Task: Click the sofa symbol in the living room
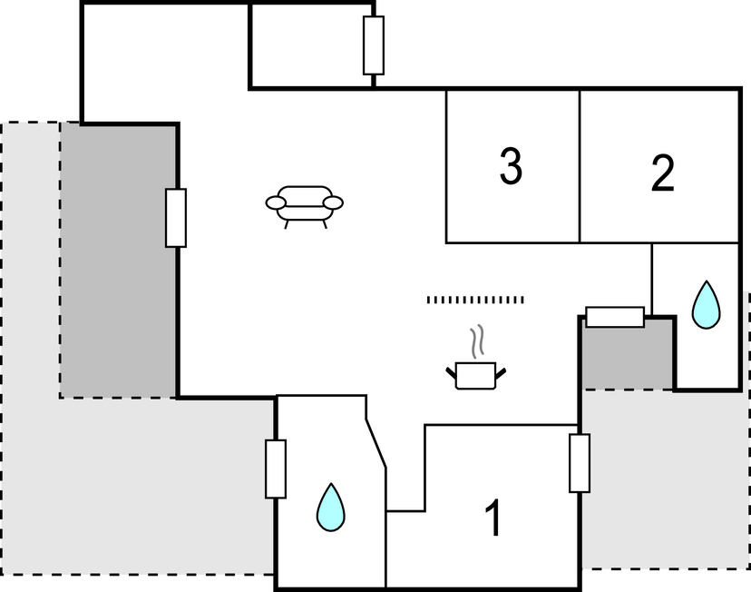click(x=305, y=204)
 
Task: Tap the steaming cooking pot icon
click(x=475, y=373)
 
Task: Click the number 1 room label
click(x=493, y=518)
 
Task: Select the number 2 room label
click(x=663, y=174)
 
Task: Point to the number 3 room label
click(x=511, y=166)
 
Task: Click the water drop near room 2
click(x=706, y=305)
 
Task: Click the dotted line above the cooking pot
click(x=475, y=299)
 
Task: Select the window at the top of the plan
click(x=373, y=45)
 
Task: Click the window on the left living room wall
click(x=176, y=218)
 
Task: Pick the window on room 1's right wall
click(x=580, y=463)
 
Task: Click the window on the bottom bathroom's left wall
click(x=276, y=469)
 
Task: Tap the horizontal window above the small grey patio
click(x=615, y=317)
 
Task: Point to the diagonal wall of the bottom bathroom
click(x=376, y=445)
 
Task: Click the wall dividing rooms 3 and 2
click(x=580, y=166)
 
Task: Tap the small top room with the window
click(x=308, y=45)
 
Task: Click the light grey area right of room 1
click(x=662, y=481)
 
